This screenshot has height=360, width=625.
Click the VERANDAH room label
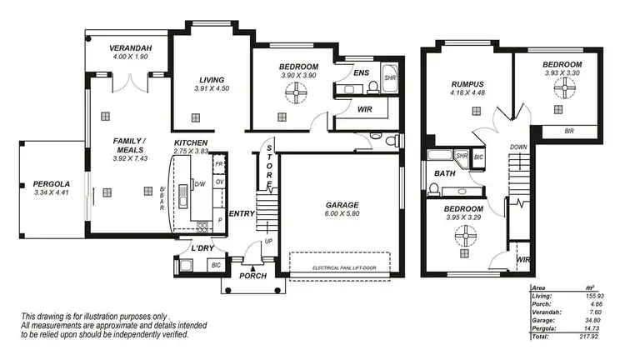pos(130,48)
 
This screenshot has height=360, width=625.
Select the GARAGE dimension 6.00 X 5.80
pos(342,214)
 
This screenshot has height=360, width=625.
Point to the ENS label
pos(361,73)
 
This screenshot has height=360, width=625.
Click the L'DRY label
pos(204,248)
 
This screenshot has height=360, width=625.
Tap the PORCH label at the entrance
pos(252,276)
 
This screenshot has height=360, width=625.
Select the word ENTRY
pos(242,214)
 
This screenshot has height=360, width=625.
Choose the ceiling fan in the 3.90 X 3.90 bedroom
pos(297,96)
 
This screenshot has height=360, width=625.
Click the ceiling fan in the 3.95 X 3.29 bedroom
pos(463,237)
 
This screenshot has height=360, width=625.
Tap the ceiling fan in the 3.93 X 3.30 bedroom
pos(562,92)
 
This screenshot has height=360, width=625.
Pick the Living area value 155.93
pos(595,296)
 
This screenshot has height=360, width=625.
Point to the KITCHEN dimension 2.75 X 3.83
pos(192,152)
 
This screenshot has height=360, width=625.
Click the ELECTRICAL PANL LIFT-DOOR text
pos(342,267)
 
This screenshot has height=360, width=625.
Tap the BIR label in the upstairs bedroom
pos(568,131)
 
